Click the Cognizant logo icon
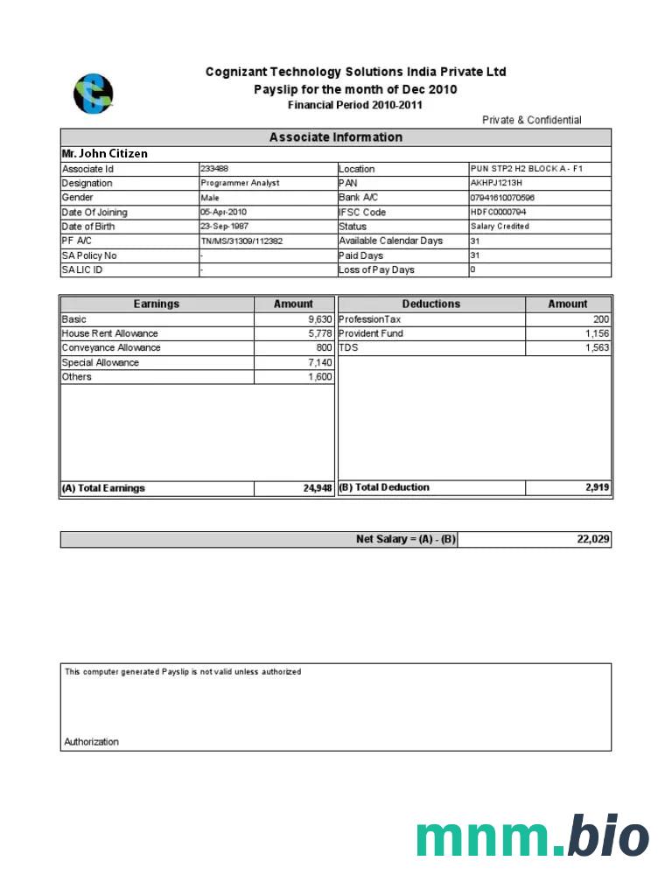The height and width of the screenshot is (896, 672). [x=93, y=94]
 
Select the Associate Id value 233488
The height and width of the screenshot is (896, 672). [x=214, y=168]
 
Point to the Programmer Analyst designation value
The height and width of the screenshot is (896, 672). [x=240, y=183]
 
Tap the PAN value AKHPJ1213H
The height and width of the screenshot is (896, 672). [x=496, y=183]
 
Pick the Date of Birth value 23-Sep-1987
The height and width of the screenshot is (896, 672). [x=224, y=226]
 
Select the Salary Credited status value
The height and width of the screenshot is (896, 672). [x=500, y=226]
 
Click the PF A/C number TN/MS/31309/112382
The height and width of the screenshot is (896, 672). [x=241, y=241]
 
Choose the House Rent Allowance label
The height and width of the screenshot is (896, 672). [x=109, y=333]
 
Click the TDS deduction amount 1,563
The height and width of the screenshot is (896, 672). [x=597, y=347]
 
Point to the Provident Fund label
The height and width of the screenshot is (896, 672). [x=371, y=333]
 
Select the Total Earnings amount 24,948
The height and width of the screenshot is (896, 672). [x=318, y=488]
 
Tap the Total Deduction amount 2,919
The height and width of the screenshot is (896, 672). [x=598, y=487]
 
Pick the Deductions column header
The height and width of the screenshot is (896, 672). [x=430, y=304]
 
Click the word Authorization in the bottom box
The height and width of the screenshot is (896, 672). [x=91, y=742]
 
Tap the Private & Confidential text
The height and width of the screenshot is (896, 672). [x=531, y=120]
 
